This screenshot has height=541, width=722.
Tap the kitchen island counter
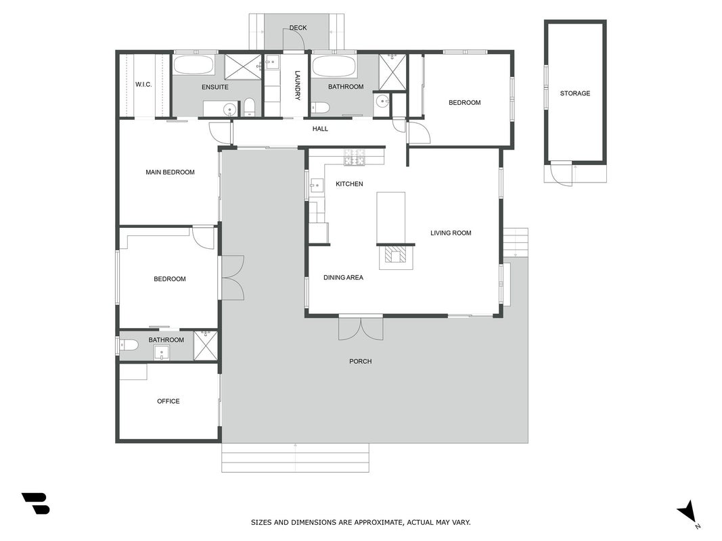coord(391,218)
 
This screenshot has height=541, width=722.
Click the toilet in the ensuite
coord(249,107)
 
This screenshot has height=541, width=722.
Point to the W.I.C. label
coord(143,85)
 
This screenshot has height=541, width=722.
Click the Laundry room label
coord(298,85)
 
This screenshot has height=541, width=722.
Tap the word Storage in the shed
coord(574,93)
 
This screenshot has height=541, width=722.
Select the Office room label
coord(168,401)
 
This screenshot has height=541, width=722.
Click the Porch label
coord(361,362)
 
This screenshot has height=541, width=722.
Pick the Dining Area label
coord(343,277)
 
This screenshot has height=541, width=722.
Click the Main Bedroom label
coord(170,172)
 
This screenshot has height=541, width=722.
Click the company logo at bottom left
coord(35,503)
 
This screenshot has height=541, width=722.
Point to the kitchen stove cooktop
coord(355,158)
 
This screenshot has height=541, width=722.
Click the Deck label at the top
coord(298,28)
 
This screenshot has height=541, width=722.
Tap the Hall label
coord(320,128)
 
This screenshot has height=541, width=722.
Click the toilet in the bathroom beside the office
coord(129,345)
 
